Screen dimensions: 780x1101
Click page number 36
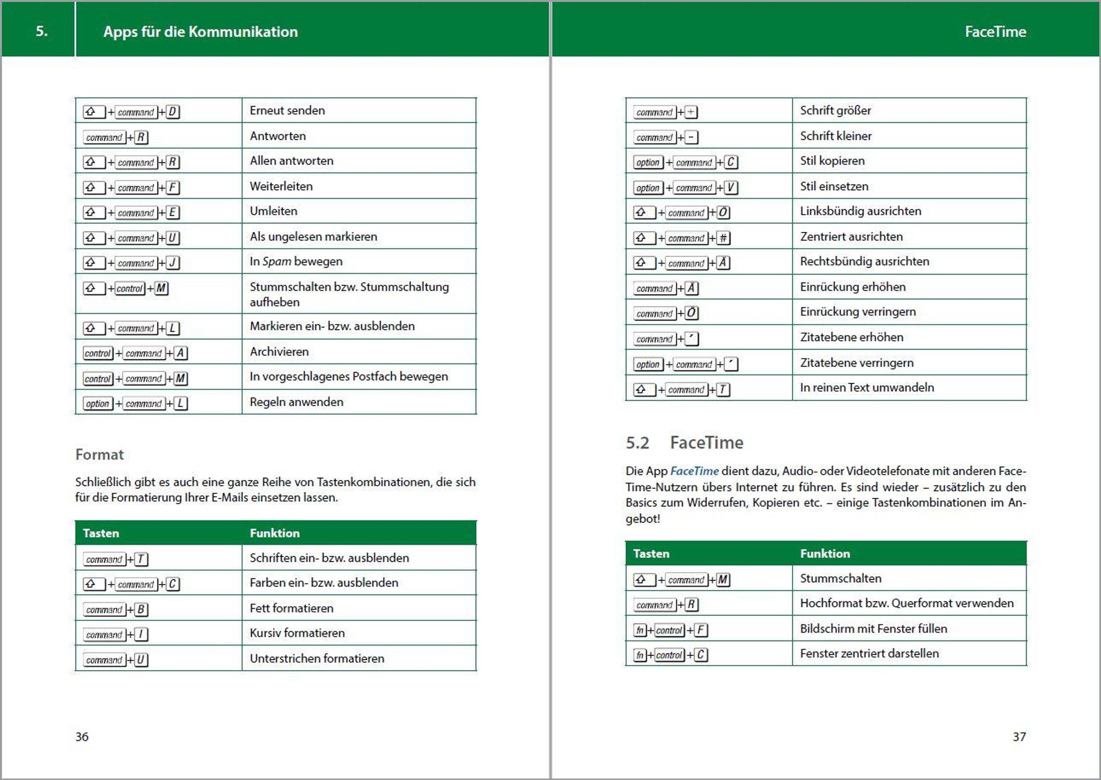pos(82,736)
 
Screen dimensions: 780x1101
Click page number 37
pos(1019,736)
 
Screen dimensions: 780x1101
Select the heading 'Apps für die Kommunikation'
pos(200,32)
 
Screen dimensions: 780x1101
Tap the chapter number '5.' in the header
pos(42,31)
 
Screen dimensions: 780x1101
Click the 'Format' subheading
pos(100,454)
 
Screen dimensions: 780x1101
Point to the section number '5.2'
pos(637,442)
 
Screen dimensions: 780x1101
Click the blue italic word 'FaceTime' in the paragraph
pos(694,471)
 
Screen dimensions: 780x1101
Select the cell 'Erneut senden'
pos(287,110)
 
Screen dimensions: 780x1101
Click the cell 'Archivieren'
pos(279,352)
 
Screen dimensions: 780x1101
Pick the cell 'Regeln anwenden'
pos(296,402)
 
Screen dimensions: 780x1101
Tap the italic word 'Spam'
pos(277,261)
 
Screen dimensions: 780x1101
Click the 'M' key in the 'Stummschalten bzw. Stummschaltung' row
pos(161,288)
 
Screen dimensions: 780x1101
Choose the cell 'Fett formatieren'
pos(291,608)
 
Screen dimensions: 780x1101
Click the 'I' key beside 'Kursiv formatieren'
pos(141,634)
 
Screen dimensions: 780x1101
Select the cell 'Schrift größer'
pos(835,110)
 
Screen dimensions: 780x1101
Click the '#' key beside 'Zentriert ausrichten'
pos(723,238)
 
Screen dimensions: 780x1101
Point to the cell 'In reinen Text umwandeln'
pos(867,388)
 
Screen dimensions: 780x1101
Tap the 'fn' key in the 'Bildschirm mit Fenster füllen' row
pos(639,630)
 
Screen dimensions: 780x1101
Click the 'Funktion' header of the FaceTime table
pos(824,553)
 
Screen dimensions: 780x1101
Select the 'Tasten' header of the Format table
pos(101,533)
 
